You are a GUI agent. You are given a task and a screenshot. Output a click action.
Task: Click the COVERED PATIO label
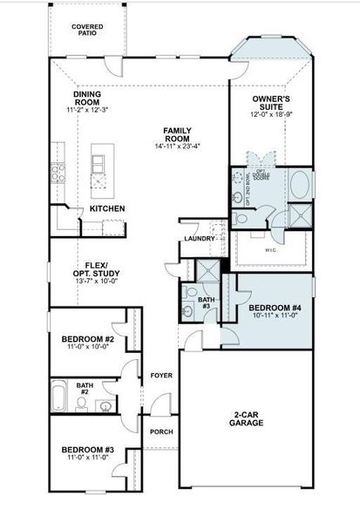click(x=86, y=31)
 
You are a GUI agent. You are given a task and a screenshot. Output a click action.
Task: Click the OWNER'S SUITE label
click(x=270, y=104)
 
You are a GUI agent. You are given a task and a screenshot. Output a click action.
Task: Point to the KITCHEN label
click(x=106, y=209)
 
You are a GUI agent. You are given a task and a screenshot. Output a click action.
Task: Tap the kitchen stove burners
click(x=59, y=172)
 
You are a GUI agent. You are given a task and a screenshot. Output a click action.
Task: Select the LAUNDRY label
click(x=199, y=239)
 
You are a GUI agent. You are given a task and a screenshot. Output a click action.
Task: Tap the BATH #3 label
click(x=206, y=302)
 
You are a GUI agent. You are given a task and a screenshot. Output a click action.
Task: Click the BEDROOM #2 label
click(x=88, y=338)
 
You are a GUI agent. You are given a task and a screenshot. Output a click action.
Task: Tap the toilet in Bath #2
click(x=105, y=405)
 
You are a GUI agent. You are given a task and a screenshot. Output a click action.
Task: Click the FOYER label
click(x=161, y=376)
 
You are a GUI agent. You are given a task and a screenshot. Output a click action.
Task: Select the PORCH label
click(x=160, y=431)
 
